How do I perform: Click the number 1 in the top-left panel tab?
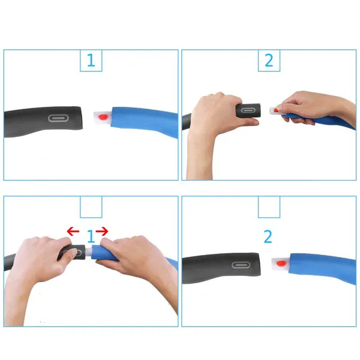point(91,60)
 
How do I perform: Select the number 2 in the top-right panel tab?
point(269,60)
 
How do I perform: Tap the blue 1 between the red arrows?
point(91,236)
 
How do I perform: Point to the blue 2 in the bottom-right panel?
point(268,236)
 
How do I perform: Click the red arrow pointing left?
point(73,231)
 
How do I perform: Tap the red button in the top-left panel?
point(103,116)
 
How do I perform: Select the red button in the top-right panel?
point(275,109)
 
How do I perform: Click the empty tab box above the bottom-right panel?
point(269,206)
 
